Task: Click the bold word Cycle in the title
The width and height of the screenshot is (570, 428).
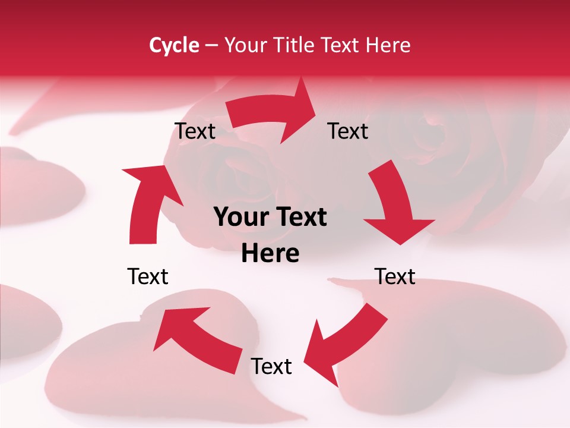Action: click(x=174, y=45)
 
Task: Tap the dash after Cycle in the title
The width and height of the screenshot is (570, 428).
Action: click(x=211, y=46)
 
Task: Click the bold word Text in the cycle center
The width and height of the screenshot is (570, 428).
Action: click(x=300, y=218)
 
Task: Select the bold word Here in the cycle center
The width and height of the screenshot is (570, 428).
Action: click(x=270, y=254)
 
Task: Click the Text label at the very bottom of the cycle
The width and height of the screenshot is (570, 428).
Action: click(x=271, y=367)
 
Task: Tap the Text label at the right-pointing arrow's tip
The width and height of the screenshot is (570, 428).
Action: click(x=348, y=131)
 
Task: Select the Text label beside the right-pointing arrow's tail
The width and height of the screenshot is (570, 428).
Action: click(x=195, y=131)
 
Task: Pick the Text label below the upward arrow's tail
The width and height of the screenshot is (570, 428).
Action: click(x=148, y=276)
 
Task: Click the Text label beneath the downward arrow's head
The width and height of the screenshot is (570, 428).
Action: click(x=395, y=276)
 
